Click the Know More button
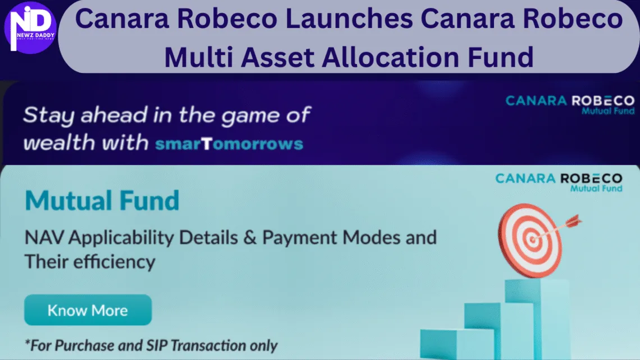[88, 311]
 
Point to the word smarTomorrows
[228, 143]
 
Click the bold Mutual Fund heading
[102, 200]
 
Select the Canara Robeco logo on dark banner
[569, 104]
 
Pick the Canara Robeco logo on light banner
[558, 182]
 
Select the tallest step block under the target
[528, 315]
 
